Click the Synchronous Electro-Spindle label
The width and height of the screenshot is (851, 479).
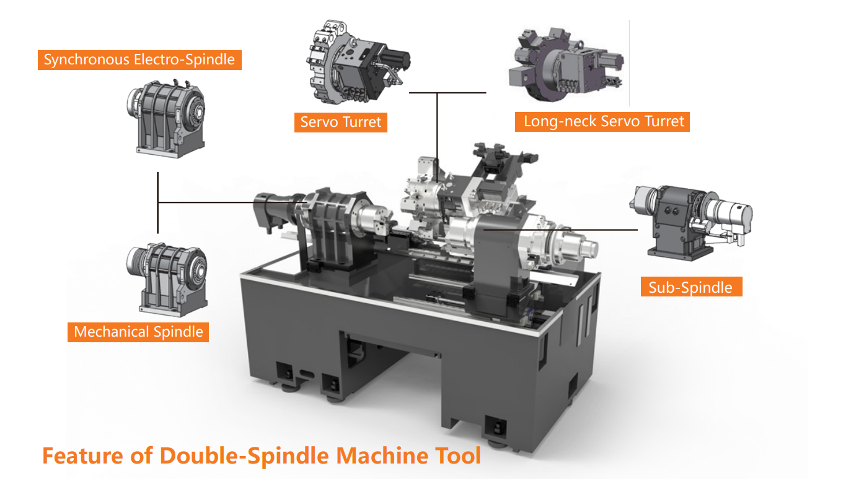tap(139, 60)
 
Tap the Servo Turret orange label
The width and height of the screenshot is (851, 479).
tap(341, 122)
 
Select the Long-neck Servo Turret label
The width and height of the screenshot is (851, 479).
tap(602, 122)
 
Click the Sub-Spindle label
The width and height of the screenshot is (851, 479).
tap(692, 287)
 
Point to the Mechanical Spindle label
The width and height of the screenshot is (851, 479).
tap(138, 332)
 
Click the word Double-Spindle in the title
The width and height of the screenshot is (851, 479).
tap(244, 456)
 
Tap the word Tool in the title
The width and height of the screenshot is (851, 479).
tap(458, 455)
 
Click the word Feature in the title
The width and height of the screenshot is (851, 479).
tap(83, 456)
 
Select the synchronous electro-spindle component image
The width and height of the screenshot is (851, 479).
tap(165, 118)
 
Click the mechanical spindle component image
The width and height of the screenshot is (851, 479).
tap(167, 280)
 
